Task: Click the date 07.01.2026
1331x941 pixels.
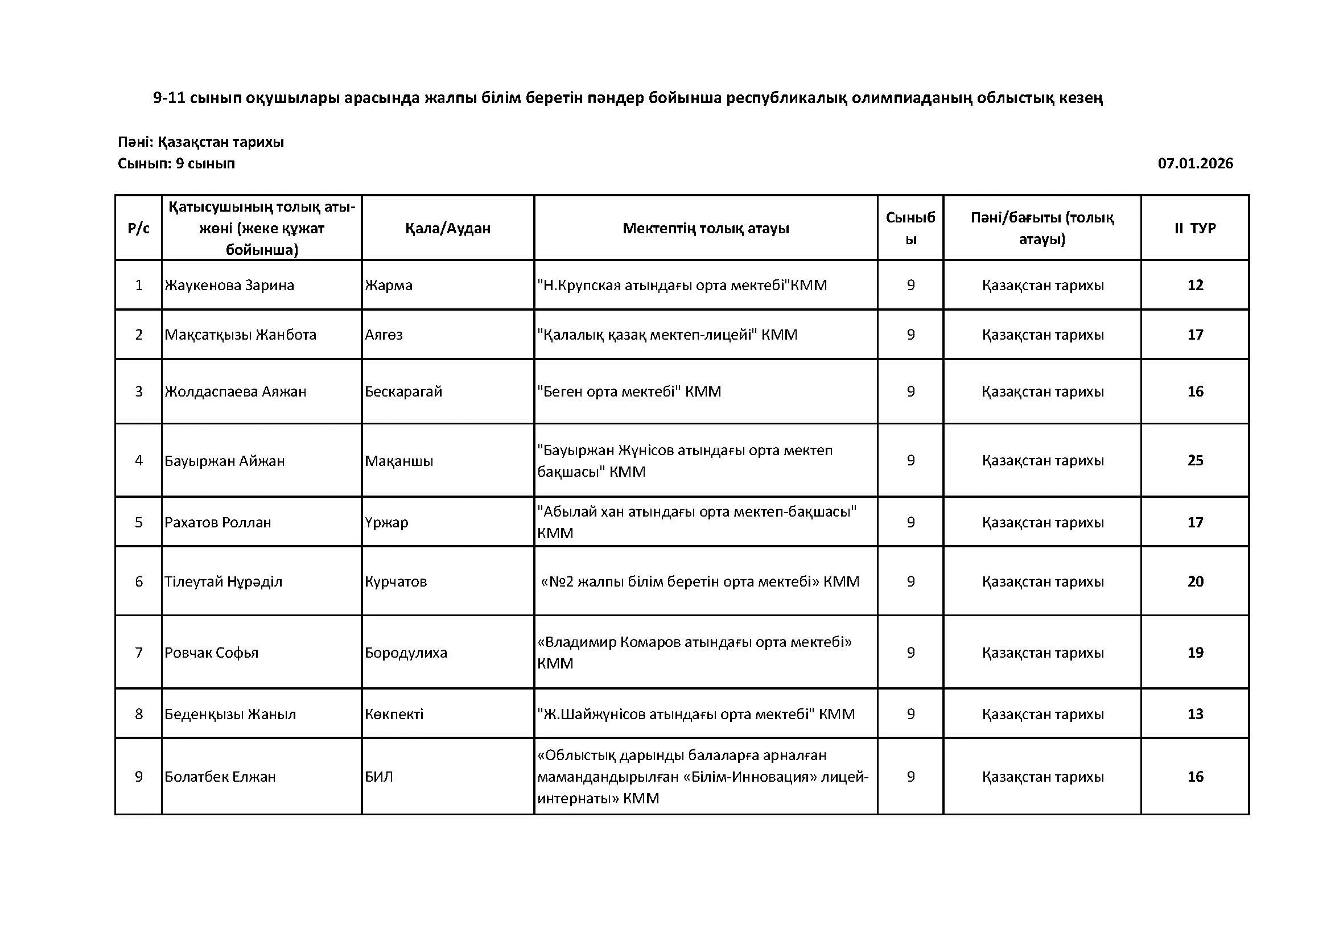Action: [x=1195, y=163]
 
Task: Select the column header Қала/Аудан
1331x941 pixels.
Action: [x=447, y=228]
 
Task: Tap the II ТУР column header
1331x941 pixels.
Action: [x=1195, y=228]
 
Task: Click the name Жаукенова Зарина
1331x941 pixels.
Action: [x=229, y=285]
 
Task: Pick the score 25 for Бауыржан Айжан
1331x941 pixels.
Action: [x=1196, y=461]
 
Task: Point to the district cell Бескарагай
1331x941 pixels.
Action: [x=403, y=391]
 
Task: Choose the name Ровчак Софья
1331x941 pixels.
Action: [x=212, y=653]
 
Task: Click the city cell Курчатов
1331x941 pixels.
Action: [x=396, y=581]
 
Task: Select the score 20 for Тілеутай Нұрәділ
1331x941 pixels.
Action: [x=1196, y=581]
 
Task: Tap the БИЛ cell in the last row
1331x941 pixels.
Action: [x=379, y=777]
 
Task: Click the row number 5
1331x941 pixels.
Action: [x=138, y=522]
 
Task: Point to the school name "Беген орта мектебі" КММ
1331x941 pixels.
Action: [x=629, y=391]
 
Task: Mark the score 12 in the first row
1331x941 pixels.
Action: [x=1196, y=285]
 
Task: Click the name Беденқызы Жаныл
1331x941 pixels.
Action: [x=230, y=714]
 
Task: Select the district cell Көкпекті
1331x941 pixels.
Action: [x=394, y=714]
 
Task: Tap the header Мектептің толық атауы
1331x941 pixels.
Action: [x=706, y=228]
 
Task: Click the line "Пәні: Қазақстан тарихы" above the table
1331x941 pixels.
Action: [x=200, y=142]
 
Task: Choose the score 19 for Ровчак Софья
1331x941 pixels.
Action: [x=1196, y=653]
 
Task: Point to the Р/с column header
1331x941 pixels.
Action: [x=138, y=228]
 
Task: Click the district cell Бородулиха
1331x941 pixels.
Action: [x=406, y=653]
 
